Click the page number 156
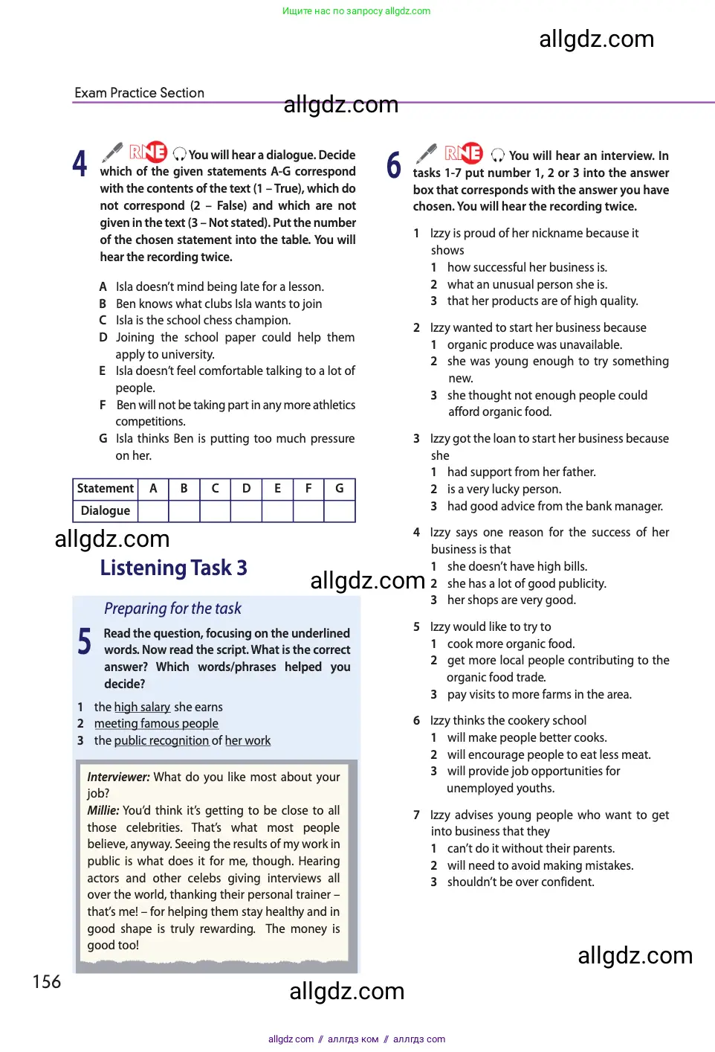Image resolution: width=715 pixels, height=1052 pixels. point(47,982)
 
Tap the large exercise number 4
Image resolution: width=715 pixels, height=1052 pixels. point(80,164)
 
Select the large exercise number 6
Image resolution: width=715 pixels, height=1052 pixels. point(394,165)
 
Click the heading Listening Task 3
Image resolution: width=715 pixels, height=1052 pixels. point(173,568)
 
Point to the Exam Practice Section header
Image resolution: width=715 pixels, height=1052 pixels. point(139,93)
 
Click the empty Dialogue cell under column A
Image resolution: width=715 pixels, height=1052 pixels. point(153,511)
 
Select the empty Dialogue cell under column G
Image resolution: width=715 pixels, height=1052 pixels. point(340,511)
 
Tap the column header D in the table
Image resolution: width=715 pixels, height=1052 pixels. point(246,489)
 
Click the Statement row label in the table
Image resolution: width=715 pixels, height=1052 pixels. point(106,489)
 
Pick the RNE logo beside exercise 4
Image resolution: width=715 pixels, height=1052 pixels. point(148,153)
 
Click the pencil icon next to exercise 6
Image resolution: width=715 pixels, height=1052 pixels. point(426,153)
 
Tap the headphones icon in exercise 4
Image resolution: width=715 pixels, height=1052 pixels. point(179,155)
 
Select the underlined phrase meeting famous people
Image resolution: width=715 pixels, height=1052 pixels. point(156,724)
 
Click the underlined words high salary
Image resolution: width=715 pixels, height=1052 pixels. point(142,708)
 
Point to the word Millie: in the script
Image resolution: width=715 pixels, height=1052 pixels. point(103,811)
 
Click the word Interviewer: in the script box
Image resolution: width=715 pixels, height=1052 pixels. point(118,777)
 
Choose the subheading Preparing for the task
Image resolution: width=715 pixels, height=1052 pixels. point(172,609)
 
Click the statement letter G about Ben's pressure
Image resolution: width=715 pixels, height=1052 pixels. point(103,439)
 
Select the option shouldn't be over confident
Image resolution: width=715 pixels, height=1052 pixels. point(520,882)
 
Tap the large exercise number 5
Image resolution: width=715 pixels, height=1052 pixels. point(85,641)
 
